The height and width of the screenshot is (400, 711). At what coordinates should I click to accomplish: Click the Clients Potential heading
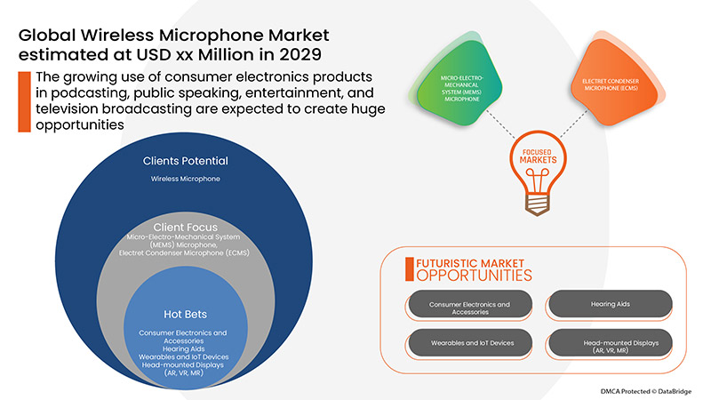pyautogui.click(x=185, y=161)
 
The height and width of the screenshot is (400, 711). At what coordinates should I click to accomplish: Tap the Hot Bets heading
pyautogui.click(x=185, y=314)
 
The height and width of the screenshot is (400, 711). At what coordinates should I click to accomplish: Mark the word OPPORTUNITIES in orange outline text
pyautogui.click(x=468, y=276)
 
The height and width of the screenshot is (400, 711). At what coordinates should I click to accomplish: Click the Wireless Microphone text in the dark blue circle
pyautogui.click(x=185, y=179)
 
